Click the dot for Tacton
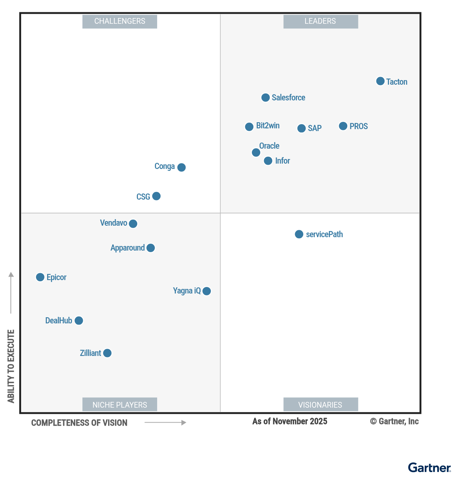[x=380, y=81]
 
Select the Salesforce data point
[x=265, y=98]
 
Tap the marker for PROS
[x=343, y=126]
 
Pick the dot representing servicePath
[x=299, y=234]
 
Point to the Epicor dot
[x=40, y=277]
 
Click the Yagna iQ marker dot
[x=207, y=291]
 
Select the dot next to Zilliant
[x=107, y=353]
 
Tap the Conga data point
[x=182, y=167]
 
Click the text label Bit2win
[x=268, y=126]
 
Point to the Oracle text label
[x=269, y=146]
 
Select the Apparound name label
[x=128, y=248]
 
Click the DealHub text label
[x=59, y=321]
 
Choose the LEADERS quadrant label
[x=320, y=21]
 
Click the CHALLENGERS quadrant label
[x=120, y=21]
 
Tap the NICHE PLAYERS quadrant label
[x=120, y=405]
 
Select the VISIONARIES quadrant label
[x=320, y=405]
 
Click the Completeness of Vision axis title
[x=79, y=423]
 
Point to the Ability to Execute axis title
[x=11, y=366]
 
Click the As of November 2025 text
[x=290, y=421]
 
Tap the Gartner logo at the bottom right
[x=429, y=468]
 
